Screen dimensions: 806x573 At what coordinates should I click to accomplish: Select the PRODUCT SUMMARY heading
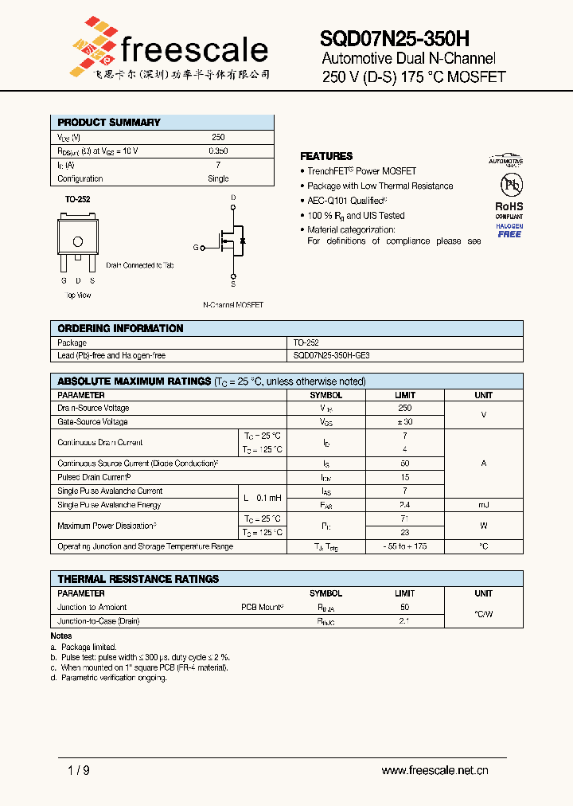[x=108, y=122]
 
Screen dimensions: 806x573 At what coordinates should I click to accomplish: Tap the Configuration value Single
[x=217, y=178]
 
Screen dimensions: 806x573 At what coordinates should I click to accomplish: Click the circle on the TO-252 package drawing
[x=77, y=242]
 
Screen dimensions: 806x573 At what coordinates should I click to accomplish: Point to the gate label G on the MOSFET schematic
[x=196, y=248]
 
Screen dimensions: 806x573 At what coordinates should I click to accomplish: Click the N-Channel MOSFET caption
[x=233, y=305]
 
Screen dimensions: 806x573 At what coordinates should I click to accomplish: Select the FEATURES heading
[x=326, y=156]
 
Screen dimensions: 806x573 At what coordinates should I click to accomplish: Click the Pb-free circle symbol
[x=509, y=185]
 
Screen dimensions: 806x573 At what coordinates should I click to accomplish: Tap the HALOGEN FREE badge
[x=509, y=230]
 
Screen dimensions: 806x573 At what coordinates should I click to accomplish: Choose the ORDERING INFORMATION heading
[x=120, y=328]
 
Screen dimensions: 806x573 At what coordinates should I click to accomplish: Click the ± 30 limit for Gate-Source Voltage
[x=404, y=421]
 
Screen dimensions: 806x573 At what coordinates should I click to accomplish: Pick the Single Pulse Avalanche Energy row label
[x=109, y=505]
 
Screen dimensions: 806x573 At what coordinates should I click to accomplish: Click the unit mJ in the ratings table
[x=483, y=505]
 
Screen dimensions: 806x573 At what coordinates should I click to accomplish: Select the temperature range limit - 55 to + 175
[x=404, y=546]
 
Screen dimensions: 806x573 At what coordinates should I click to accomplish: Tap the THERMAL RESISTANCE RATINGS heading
[x=138, y=579]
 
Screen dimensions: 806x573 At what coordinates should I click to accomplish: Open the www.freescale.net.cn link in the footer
[x=435, y=770]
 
